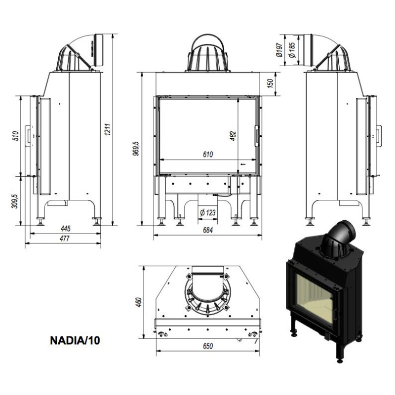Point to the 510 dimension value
pyautogui.click(x=15, y=135)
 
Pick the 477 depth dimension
pyautogui.click(x=64, y=238)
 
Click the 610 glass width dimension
pyautogui.click(x=207, y=155)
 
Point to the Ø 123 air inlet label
pyautogui.click(x=206, y=212)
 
